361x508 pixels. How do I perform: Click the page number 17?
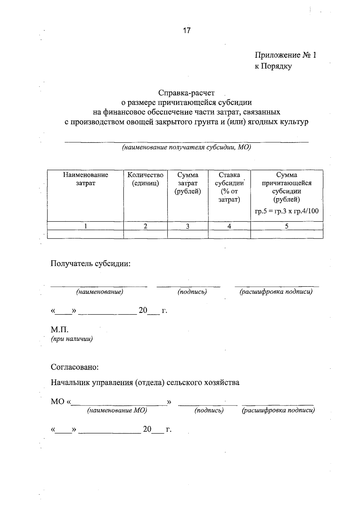coord(187,30)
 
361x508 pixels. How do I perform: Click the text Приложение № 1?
coord(285,55)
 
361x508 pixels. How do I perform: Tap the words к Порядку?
coord(273,66)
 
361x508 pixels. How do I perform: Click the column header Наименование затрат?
coord(85,179)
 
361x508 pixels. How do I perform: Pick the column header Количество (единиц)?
coord(145,179)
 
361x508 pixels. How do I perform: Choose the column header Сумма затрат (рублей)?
coord(188,183)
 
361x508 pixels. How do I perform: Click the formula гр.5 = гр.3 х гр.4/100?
coord(287,211)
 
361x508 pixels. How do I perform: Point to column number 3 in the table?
coord(187,226)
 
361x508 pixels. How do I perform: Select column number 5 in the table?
coord(287,226)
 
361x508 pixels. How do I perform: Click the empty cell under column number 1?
coord(85,234)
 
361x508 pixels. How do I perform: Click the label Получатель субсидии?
coord(90,264)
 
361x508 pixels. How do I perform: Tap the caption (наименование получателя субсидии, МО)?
coord(186,148)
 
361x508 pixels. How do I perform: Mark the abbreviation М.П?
coord(60,330)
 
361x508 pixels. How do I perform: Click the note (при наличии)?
coord(72,339)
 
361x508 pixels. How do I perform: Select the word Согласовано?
coord(75,367)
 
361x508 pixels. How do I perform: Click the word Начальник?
coord(71,383)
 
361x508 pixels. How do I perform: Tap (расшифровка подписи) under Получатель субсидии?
coord(276,292)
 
